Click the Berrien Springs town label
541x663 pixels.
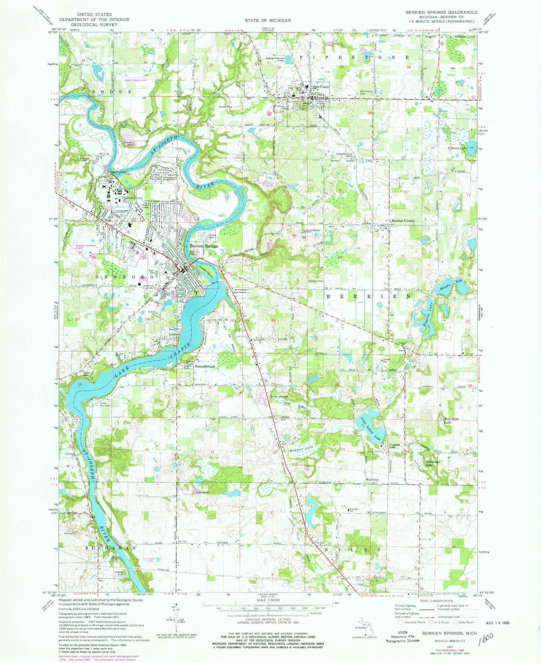pos(204,246)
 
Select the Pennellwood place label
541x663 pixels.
pos(204,366)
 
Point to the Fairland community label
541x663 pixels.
pos(373,479)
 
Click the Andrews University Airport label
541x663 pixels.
pos(86,247)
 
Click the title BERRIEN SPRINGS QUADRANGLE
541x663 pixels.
pos(441,12)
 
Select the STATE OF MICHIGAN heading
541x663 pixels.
pos(268,21)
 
